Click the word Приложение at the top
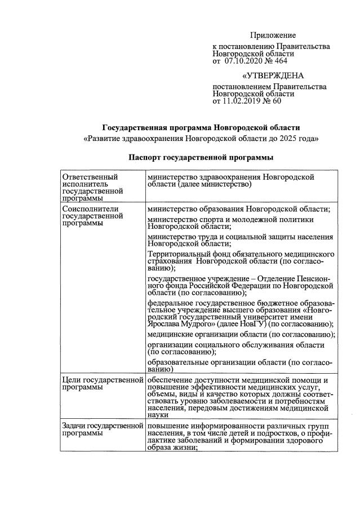click(x=273, y=35)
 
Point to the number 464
click(x=281, y=61)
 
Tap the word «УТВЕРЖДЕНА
click(x=273, y=76)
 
